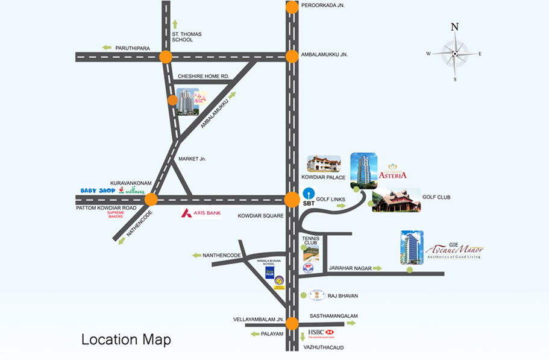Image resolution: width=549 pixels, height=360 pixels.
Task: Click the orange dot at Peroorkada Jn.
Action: coord(292,7)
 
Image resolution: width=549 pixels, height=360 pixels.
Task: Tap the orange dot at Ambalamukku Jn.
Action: coord(292,57)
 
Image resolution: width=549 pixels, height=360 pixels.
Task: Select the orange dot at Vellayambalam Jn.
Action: coord(292,323)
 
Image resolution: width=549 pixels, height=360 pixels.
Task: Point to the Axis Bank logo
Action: coord(201,213)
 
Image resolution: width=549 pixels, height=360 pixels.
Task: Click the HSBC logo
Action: coord(321,333)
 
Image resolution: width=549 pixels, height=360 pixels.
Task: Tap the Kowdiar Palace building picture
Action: coord(324,164)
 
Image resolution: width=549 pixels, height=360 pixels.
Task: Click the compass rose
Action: coord(455,53)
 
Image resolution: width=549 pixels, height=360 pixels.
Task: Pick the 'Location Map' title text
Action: coord(126,339)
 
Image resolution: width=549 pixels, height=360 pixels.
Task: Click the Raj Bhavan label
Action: coord(342,296)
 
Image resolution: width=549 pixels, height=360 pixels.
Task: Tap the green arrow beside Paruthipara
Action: coord(107,47)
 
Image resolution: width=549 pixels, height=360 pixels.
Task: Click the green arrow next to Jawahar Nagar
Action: coord(377,268)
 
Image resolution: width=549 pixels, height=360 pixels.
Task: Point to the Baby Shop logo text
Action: coord(98,191)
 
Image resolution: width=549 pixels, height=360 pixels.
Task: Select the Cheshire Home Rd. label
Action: coord(204,77)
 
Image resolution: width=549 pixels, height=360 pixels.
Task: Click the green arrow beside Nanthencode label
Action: coord(196,256)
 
